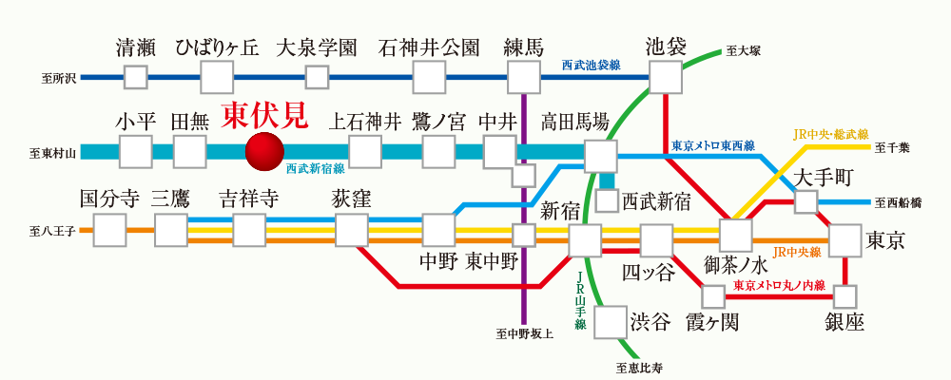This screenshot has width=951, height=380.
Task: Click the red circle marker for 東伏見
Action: [264, 151]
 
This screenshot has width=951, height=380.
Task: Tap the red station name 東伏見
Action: [264, 115]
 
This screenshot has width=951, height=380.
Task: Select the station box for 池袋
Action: [665, 77]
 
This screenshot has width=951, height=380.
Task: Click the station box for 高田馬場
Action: [601, 155]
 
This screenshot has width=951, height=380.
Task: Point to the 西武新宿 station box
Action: [607, 201]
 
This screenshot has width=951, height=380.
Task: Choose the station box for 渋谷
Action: [610, 322]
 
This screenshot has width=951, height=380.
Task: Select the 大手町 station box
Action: [805, 201]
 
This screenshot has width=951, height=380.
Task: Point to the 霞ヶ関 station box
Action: [712, 297]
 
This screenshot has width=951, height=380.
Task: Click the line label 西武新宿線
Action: [315, 167]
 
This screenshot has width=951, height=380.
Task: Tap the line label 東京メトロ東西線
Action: [712, 145]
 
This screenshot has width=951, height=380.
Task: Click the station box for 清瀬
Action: [136, 77]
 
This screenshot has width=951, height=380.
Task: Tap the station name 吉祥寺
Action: [249, 199]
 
